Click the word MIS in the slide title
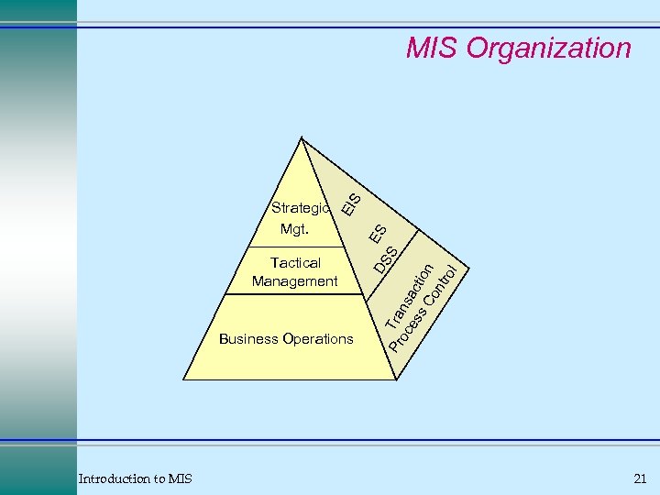click(x=432, y=48)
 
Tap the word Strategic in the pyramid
click(x=301, y=208)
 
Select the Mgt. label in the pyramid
click(x=295, y=229)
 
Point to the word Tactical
click(x=295, y=263)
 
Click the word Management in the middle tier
click(x=295, y=281)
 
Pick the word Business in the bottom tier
click(x=248, y=339)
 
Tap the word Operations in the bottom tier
click(x=318, y=339)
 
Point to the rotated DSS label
click(x=386, y=259)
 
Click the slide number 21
click(x=639, y=478)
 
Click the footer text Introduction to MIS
click(x=135, y=478)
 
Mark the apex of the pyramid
click(x=300, y=137)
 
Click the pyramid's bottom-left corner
click(x=185, y=379)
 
